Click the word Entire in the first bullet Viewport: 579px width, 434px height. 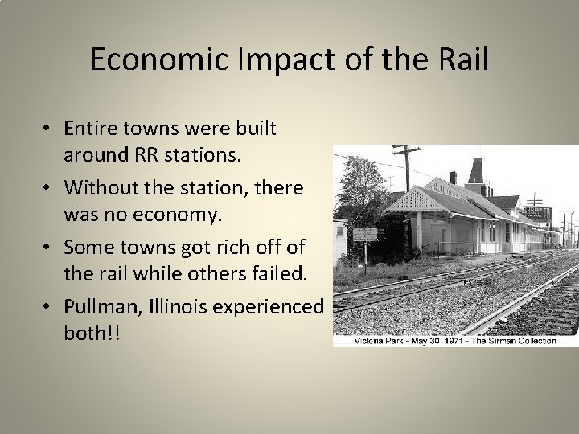tap(90, 129)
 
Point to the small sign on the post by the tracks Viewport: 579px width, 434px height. tap(366, 235)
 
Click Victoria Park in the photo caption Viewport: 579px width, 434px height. tap(380, 341)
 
